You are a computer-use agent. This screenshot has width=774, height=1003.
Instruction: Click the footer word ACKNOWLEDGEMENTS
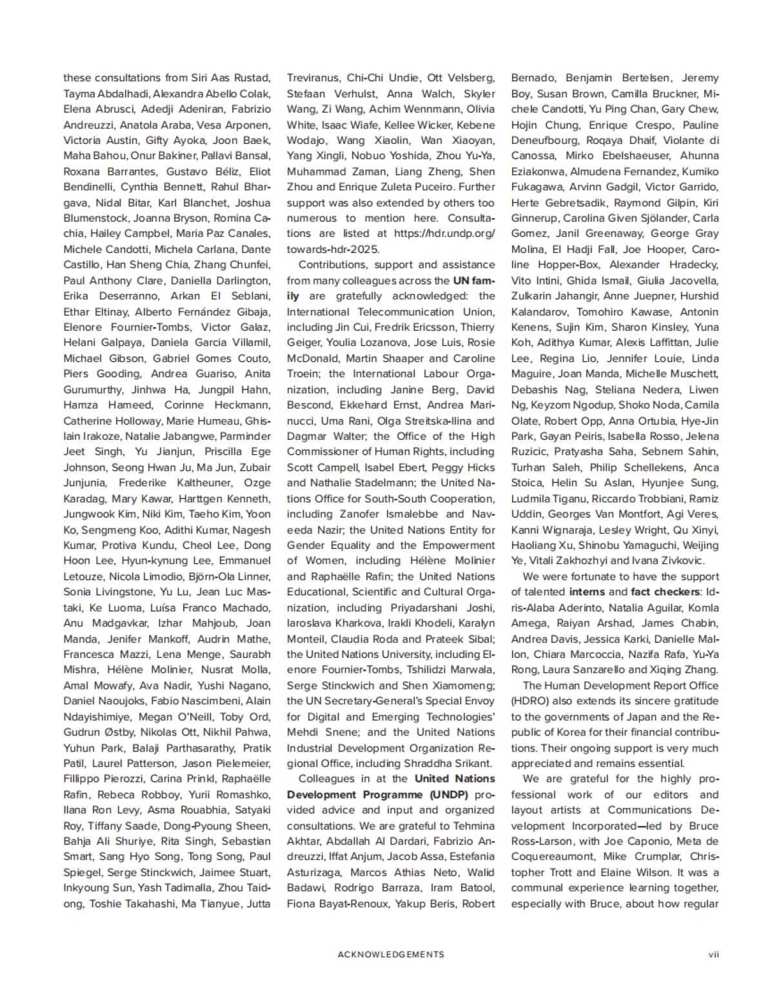[391, 954]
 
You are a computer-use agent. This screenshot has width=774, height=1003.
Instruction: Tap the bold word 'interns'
[587, 592]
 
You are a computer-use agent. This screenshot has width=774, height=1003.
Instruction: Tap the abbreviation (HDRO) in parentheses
[529, 701]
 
